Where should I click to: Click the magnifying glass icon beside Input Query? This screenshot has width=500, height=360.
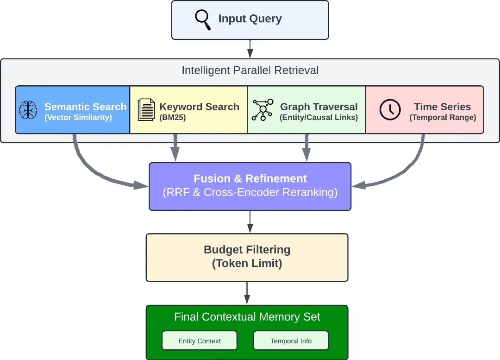[202, 19]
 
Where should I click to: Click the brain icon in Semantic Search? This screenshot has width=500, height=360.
[28, 110]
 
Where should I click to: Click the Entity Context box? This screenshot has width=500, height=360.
[200, 341]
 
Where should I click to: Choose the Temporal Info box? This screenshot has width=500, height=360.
[291, 341]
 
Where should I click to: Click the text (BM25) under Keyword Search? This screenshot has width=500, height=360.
[173, 118]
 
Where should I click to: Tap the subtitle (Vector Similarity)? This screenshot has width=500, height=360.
[78, 118]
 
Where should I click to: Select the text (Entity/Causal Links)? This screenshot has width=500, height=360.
[319, 118]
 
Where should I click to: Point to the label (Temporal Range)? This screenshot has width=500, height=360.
[443, 118]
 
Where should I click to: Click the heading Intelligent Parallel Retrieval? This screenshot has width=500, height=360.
[250, 70]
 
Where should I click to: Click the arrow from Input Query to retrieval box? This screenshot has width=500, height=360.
[250, 49]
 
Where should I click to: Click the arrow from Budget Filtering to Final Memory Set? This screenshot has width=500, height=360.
[247, 293]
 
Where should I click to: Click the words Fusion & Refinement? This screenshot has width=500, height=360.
[250, 179]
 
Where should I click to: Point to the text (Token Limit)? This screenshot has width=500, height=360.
[247, 264]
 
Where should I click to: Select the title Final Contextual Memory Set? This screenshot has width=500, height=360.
[247, 317]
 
